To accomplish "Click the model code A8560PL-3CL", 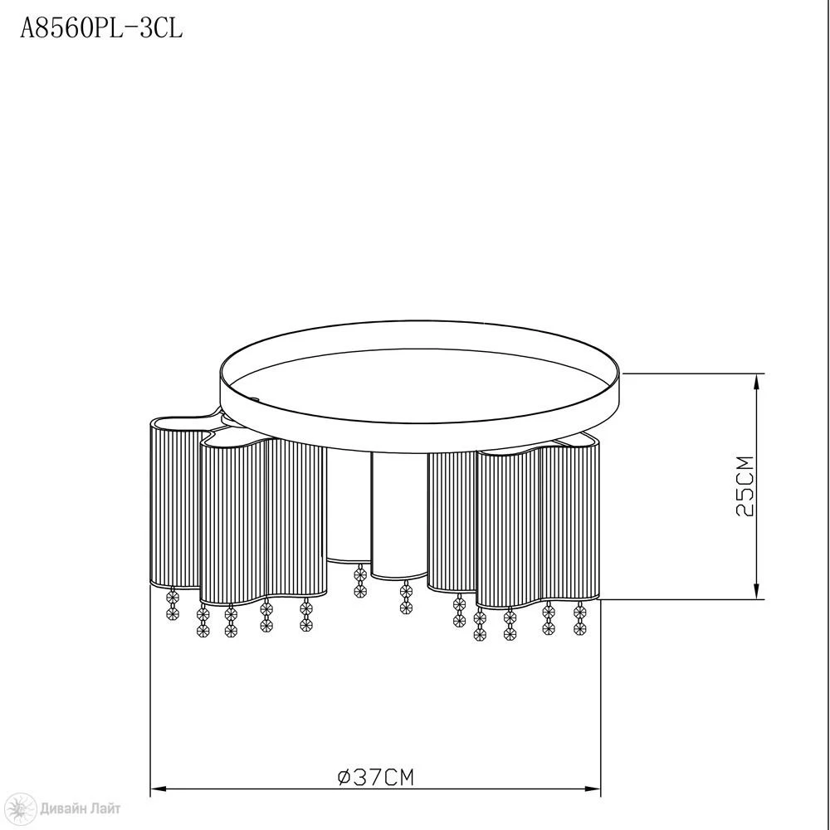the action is point(101,28).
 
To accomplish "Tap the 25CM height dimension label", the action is point(745,486).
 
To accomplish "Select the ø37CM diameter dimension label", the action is point(376,777).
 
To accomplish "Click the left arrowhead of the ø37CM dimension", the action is point(159,788).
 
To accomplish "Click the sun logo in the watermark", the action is point(23,808).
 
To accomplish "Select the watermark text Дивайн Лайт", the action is point(81,808).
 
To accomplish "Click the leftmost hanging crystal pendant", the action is point(173,604).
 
